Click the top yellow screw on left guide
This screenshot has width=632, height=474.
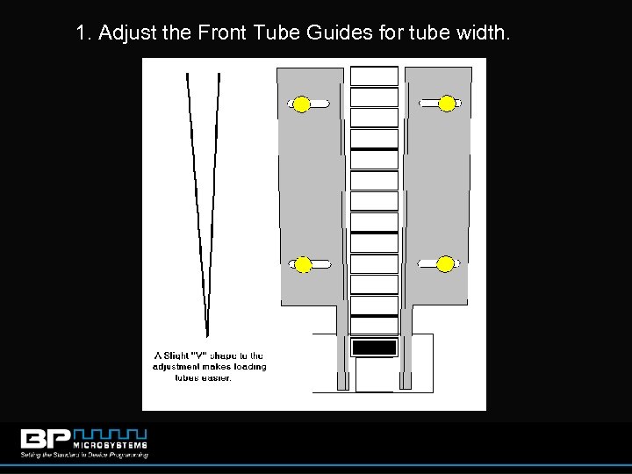[x=301, y=104]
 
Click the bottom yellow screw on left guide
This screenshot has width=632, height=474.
[x=303, y=264]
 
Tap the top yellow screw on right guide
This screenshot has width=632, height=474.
[x=447, y=104]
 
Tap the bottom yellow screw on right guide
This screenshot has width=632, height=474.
[x=445, y=263]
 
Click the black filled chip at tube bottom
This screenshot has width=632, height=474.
[x=374, y=348]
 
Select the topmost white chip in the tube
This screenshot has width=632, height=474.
[x=374, y=76]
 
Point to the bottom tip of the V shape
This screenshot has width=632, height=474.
[x=207, y=334]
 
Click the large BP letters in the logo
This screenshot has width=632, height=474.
[x=51, y=439]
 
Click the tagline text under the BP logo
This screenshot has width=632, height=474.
[x=84, y=456]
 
